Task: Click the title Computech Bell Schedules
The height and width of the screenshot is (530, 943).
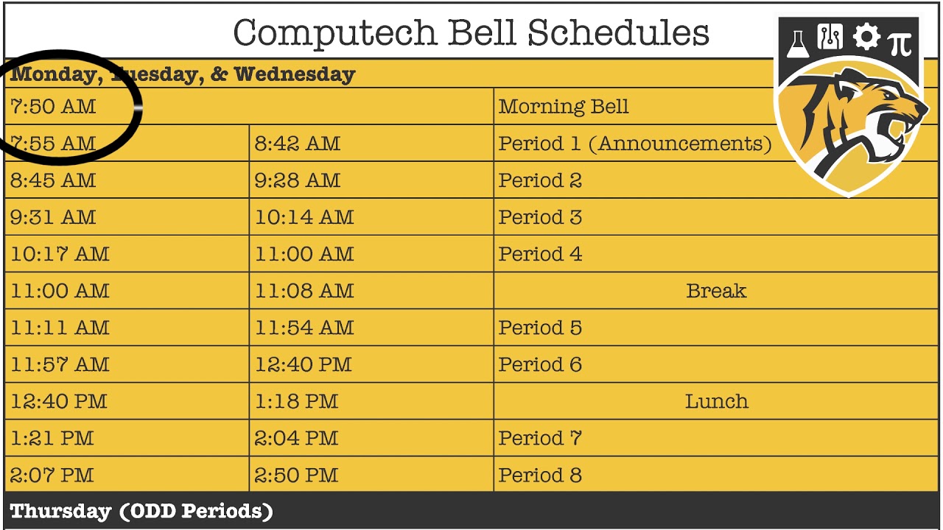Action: [x=471, y=33]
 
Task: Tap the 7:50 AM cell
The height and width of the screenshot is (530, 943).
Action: [x=53, y=107]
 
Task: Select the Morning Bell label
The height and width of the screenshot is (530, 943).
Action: [x=564, y=107]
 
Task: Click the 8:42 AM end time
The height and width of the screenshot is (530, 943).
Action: [x=298, y=144]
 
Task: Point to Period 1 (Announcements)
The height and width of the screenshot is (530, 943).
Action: [x=634, y=144]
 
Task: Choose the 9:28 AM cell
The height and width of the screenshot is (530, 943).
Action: [x=298, y=180]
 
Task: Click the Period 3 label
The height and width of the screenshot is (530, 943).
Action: [x=540, y=217]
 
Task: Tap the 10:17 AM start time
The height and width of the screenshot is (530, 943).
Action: [x=60, y=254]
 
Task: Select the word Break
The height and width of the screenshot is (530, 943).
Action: [x=715, y=291]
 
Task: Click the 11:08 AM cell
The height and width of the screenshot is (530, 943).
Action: [x=304, y=291]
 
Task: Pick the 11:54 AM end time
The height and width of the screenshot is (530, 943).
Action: [x=304, y=328]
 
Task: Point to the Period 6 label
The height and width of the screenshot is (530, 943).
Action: [x=540, y=364]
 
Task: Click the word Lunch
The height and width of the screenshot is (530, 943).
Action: [x=716, y=401]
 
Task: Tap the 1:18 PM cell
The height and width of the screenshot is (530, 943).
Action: [x=296, y=401]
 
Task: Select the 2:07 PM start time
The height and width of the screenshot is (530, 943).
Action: [x=52, y=475]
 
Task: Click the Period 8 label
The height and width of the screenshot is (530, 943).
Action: [x=540, y=475]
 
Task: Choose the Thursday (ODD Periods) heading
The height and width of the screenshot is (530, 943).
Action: [x=141, y=512]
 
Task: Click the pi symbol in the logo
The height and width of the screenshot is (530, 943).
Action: [x=900, y=43]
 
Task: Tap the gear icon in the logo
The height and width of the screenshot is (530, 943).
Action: [x=866, y=38]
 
